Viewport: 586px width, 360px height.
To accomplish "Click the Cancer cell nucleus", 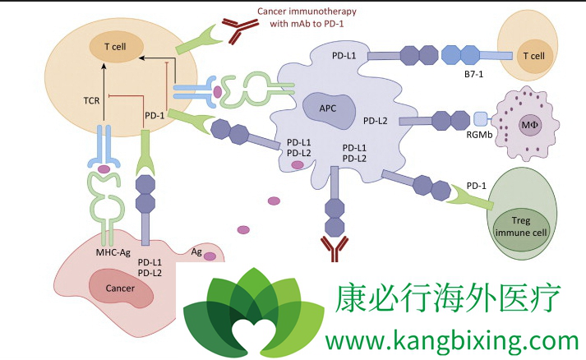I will [x=120, y=288].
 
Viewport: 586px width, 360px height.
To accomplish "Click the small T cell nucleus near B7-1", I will [x=533, y=56].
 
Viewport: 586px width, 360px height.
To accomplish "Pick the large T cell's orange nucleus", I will [x=113, y=47].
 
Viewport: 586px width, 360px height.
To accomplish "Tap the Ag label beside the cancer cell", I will [x=196, y=252].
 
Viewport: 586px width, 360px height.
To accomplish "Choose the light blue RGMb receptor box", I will [x=481, y=118].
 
